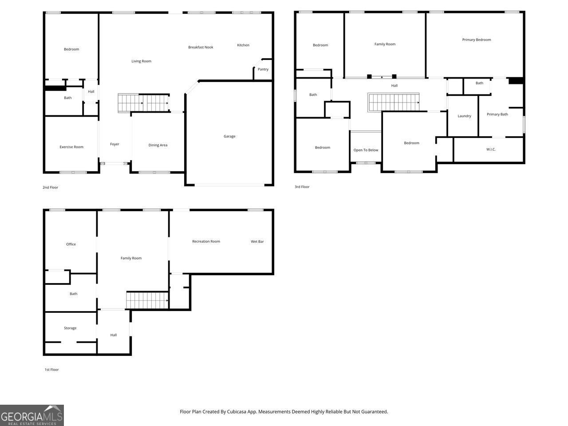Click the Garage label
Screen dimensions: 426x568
click(229, 136)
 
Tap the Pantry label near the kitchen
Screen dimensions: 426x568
click(263, 69)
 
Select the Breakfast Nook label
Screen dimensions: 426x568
click(201, 47)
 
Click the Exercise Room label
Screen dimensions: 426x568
click(71, 147)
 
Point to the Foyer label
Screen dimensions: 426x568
click(114, 144)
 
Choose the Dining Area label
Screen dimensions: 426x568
click(158, 145)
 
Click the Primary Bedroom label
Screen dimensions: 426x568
click(477, 40)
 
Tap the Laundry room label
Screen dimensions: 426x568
click(464, 116)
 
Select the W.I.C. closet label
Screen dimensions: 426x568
click(491, 150)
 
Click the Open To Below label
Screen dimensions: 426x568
click(366, 150)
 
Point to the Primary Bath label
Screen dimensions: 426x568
click(497, 114)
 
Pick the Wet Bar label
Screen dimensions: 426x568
click(257, 242)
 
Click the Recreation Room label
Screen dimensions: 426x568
click(206, 242)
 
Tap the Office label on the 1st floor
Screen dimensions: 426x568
click(71, 245)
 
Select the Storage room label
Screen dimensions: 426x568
click(70, 328)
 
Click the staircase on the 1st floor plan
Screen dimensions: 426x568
click(147, 300)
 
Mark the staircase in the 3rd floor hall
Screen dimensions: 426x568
click(393, 102)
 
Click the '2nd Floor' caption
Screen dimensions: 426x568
click(50, 188)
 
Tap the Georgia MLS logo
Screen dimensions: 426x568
click(32, 415)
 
